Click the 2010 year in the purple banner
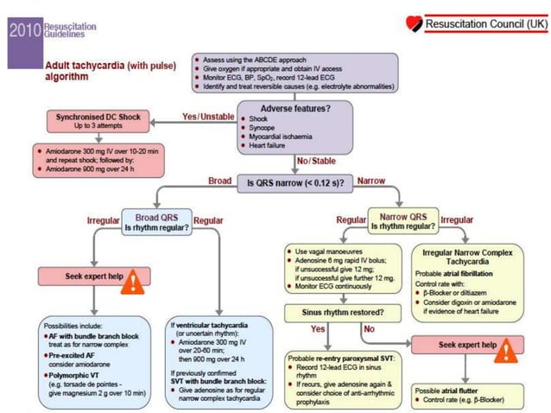22,30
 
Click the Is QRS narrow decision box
294,183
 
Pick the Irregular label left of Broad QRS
102,220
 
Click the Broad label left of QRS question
219,181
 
